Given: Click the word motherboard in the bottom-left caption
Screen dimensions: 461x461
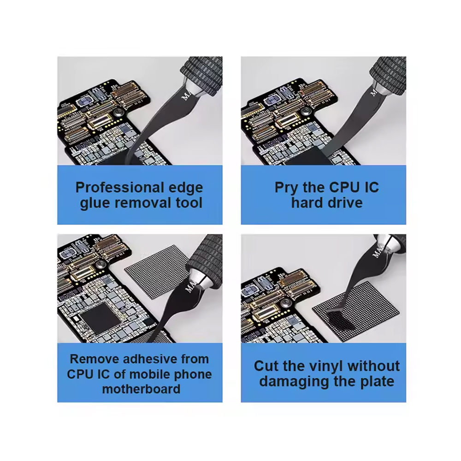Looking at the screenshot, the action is tap(141, 389).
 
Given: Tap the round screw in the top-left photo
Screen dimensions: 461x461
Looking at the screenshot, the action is tap(118, 112).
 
